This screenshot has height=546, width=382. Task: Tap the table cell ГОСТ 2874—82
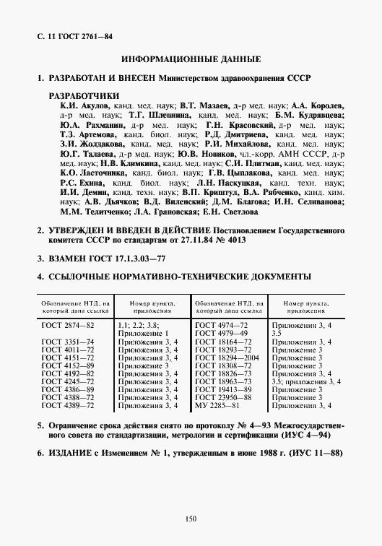[68, 326]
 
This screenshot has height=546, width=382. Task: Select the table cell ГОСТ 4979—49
[221, 334]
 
